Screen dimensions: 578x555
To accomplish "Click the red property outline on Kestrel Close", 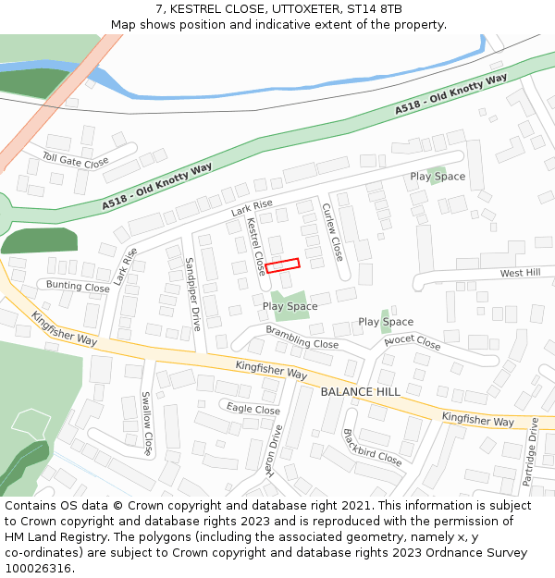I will (x=282, y=265).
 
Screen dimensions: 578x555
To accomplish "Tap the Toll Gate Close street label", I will (x=76, y=161).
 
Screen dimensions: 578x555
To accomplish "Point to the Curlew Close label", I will (x=332, y=231).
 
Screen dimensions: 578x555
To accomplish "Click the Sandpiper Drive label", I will (x=192, y=294).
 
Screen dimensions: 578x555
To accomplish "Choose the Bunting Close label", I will (x=78, y=287).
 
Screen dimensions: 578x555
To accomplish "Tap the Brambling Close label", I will (x=302, y=337).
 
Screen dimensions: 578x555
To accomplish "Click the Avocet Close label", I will (x=413, y=342).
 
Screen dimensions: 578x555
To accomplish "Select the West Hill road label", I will (x=520, y=273).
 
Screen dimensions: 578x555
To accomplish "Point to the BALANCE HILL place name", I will (x=360, y=392).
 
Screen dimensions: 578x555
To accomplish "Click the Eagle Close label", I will (x=253, y=410).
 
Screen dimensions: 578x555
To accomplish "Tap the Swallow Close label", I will (x=145, y=424).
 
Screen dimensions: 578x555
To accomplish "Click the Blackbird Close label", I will (x=372, y=447).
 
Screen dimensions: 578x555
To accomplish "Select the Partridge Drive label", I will (x=531, y=452).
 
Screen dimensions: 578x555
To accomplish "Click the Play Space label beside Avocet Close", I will (x=386, y=322).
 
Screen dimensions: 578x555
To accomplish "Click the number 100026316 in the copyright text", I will (x=37, y=568).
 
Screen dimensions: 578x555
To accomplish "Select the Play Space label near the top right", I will (x=438, y=177).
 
